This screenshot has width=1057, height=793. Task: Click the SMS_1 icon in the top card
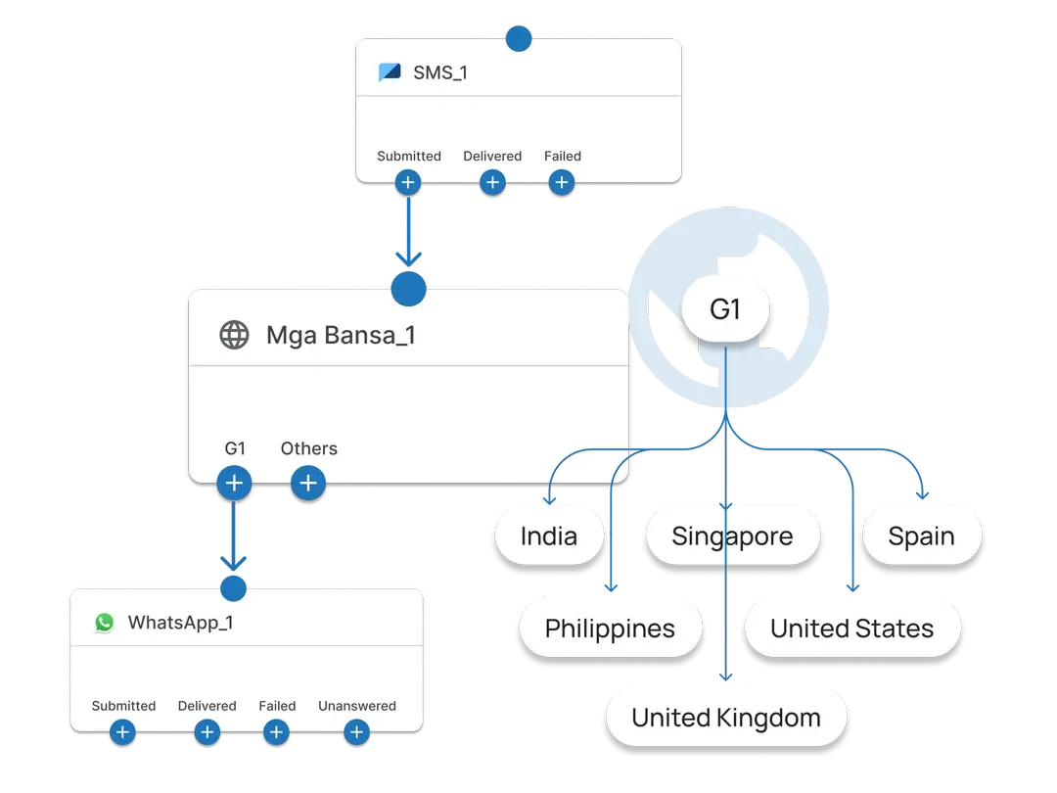coord(390,71)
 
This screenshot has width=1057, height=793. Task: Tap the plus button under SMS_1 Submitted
coord(408,182)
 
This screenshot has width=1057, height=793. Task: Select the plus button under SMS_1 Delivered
coord(492,182)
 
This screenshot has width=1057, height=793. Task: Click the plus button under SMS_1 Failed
coord(561,182)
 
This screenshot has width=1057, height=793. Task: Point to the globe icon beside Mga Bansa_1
coord(234,335)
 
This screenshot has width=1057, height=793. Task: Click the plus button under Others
coord(308,483)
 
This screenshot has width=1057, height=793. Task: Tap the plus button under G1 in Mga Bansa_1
coord(234,483)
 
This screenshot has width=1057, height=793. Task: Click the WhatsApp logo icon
coord(104,623)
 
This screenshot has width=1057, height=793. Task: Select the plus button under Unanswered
coord(357,731)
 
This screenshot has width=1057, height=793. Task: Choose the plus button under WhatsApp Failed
coord(277,731)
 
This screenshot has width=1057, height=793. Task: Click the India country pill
coord(548,536)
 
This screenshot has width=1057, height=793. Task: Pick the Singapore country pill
coord(732,536)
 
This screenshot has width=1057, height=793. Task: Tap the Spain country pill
coord(921,536)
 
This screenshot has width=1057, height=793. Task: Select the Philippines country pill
coord(610,629)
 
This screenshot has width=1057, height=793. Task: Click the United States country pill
coord(851,629)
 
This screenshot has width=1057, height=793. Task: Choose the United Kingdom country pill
coord(725,718)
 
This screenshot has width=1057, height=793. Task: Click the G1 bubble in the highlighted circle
coord(725,310)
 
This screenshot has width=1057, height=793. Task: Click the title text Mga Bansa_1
coord(341,335)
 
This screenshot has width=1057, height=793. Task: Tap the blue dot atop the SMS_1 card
coord(518,38)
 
